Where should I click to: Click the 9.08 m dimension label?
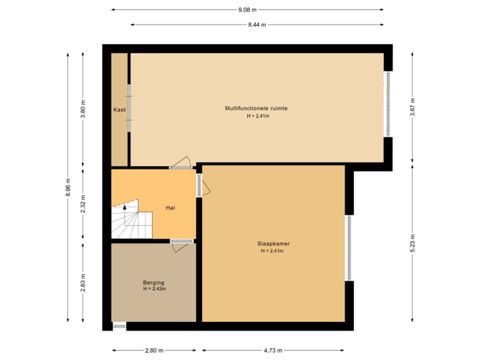[x=247, y=9]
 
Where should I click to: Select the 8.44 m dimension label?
[x=257, y=25]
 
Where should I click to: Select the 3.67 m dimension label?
[x=413, y=109]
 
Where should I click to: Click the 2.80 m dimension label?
[x=154, y=350]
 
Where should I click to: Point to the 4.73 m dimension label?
[x=273, y=350]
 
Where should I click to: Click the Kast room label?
[x=119, y=109]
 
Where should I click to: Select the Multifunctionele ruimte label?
[x=257, y=108]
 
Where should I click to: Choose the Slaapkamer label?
[x=273, y=243]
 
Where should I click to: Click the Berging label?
[x=154, y=283]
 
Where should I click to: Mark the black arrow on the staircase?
[x=125, y=207]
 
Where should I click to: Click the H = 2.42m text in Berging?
[x=154, y=289]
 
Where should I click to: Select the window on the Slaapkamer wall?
[x=349, y=248]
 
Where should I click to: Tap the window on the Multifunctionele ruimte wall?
[x=388, y=103]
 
